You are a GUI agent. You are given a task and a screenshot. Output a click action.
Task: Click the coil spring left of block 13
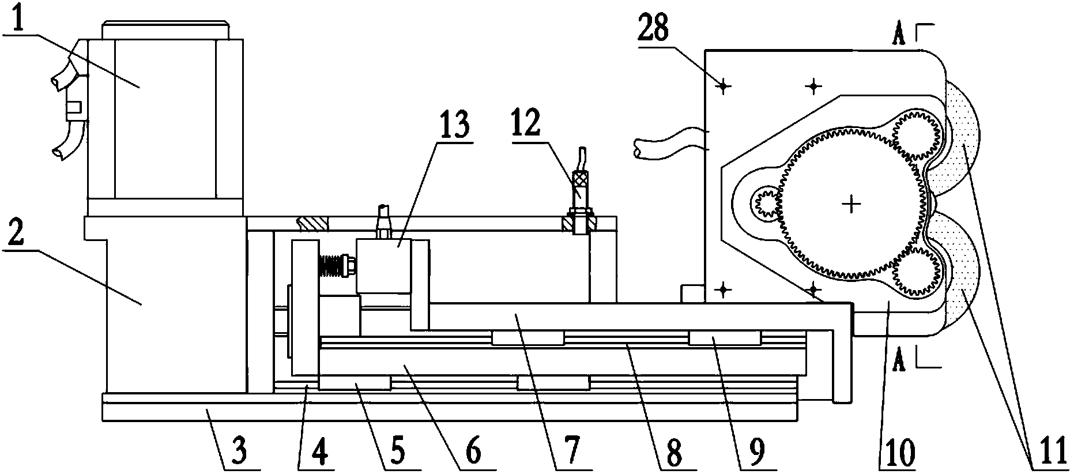point(332,266)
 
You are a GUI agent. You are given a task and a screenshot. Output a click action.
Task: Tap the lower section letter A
point(898,360)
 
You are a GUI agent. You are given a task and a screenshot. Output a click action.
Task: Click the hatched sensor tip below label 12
point(579,224)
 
